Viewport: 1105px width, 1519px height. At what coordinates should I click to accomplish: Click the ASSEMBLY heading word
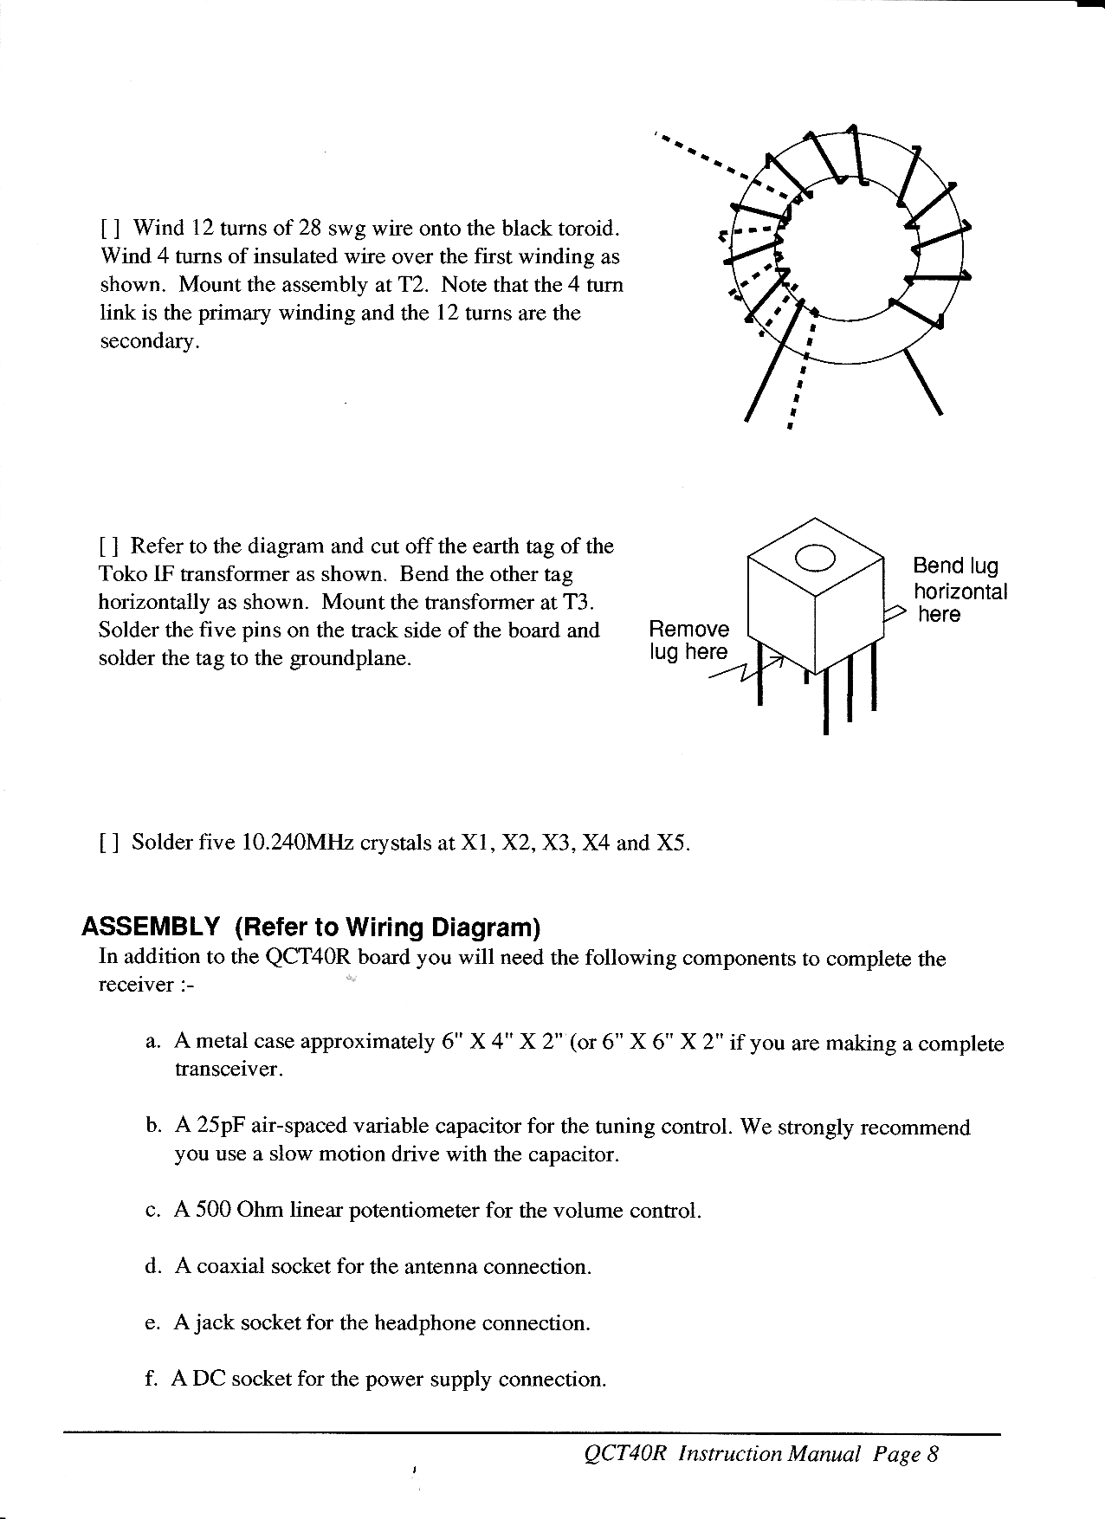click(150, 928)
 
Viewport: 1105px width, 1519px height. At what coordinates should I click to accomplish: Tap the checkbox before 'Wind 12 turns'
click(109, 229)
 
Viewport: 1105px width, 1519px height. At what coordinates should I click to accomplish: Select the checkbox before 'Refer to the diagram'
click(109, 547)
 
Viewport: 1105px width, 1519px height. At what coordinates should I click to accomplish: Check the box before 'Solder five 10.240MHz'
click(109, 844)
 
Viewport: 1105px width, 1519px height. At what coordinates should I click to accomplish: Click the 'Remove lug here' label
click(689, 640)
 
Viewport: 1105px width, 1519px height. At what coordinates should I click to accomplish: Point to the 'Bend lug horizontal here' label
click(960, 590)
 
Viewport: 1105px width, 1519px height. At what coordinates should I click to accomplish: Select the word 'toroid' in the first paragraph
click(589, 229)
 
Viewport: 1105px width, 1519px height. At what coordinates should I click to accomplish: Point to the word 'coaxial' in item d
click(231, 1267)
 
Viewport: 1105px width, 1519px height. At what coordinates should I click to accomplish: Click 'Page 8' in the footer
click(905, 1454)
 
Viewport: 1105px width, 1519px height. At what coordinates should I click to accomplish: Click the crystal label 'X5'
click(673, 844)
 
